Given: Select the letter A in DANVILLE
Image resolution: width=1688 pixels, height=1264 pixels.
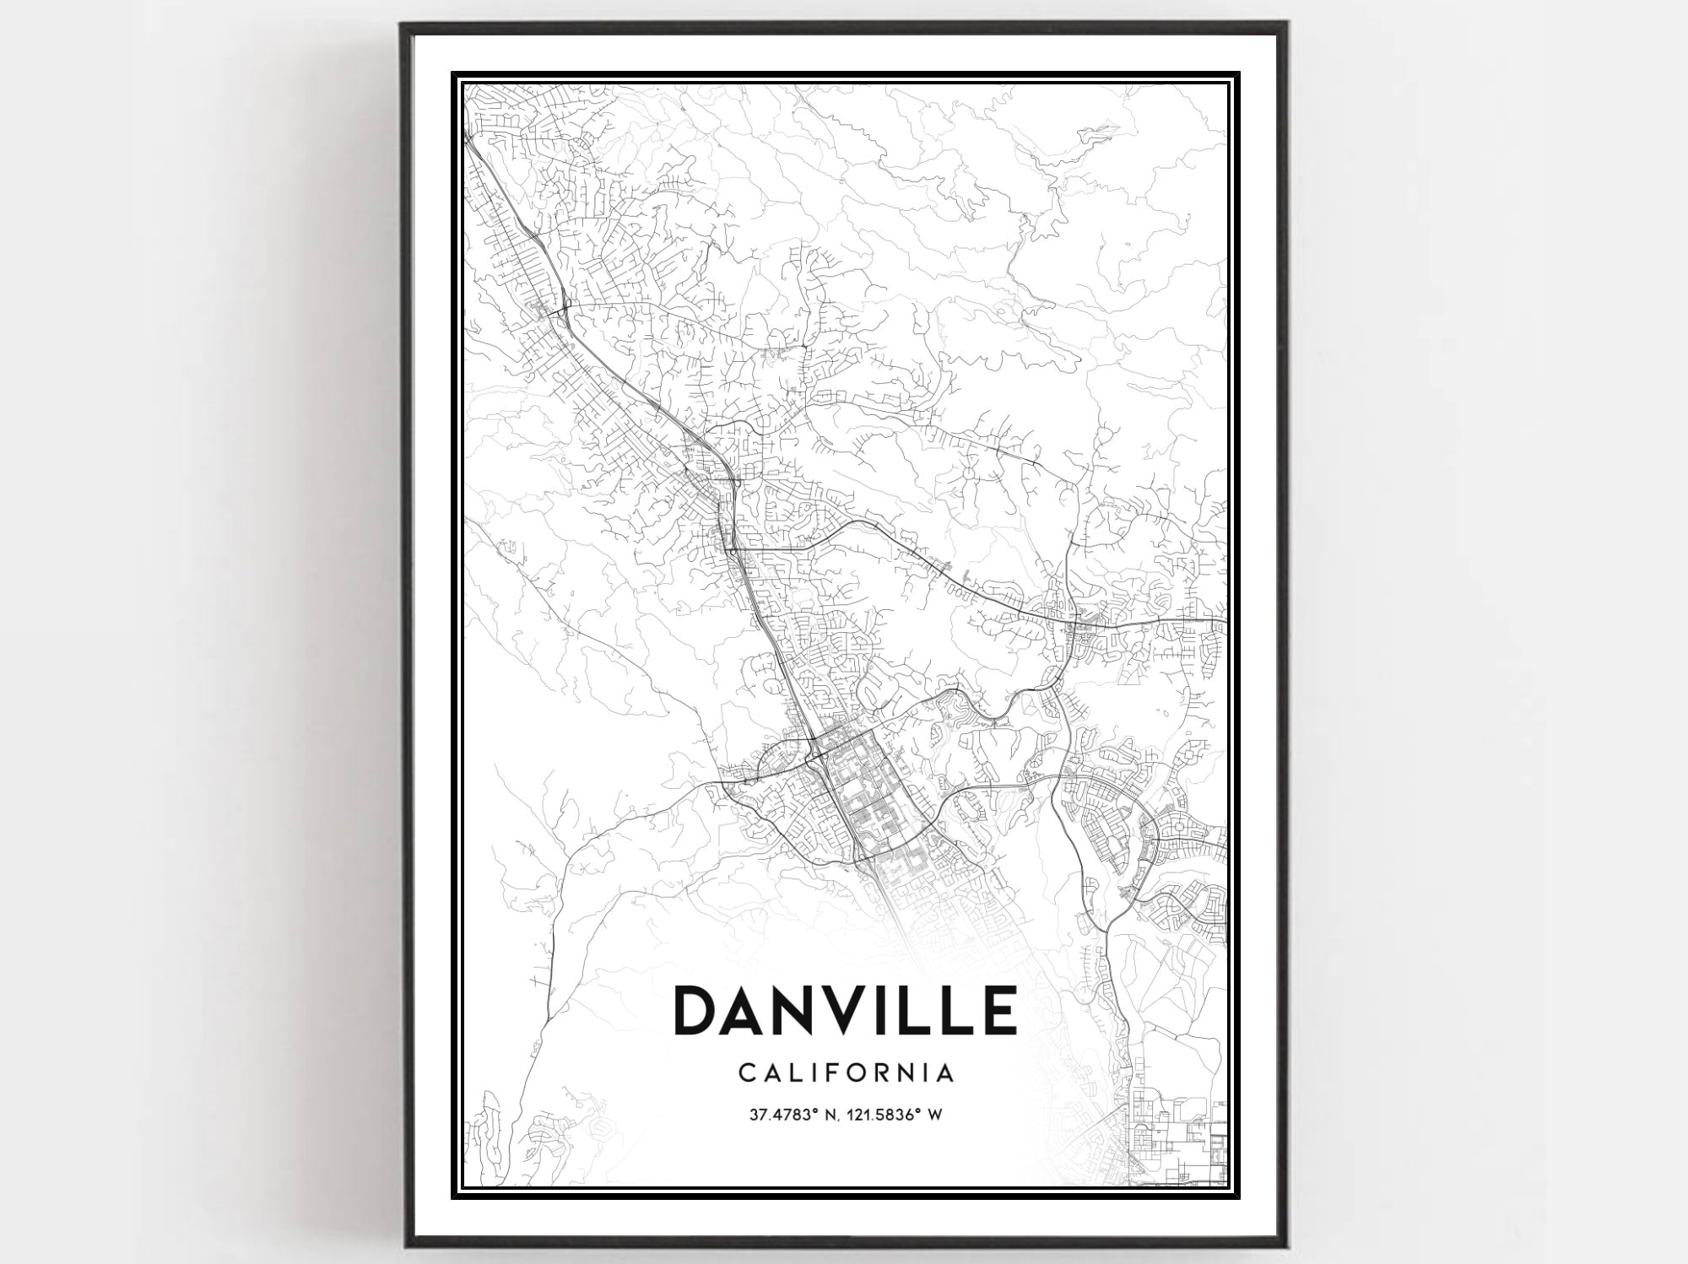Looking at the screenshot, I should coord(749,1009).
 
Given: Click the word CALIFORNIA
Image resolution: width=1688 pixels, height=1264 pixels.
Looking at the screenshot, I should coord(847,1072).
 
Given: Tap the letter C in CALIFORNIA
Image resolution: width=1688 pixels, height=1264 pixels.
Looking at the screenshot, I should coord(746,1072).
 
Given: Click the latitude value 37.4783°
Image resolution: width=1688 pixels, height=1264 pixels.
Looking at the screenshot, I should coord(785,1115).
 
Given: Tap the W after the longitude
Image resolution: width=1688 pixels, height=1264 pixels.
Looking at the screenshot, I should coord(934,1115).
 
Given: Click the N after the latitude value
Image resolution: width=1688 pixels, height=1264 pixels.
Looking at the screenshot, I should coord(832,1115).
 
